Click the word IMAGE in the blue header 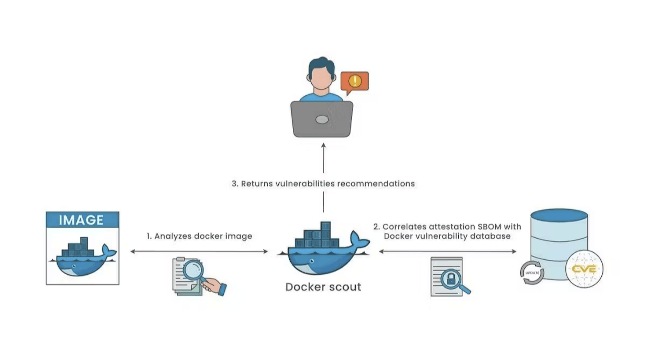point(81,220)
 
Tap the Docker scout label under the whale point(323,287)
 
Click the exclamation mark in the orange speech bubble point(355,81)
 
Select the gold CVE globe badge point(584,269)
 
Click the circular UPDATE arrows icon point(532,273)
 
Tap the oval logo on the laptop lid point(322,119)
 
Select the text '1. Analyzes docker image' point(199,236)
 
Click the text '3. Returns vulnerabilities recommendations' point(323,184)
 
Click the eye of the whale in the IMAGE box point(74,266)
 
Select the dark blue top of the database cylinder point(559,215)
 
